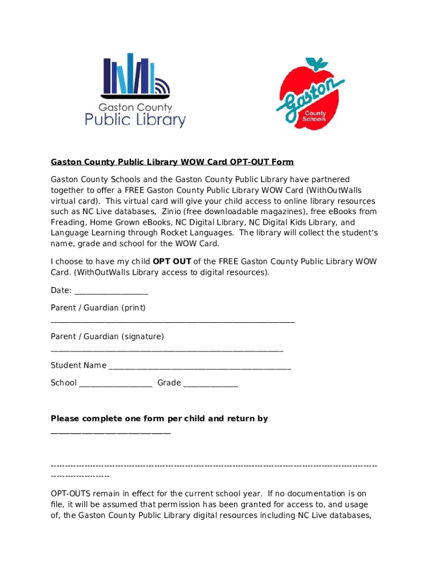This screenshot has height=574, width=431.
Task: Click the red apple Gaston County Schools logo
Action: (x=310, y=94)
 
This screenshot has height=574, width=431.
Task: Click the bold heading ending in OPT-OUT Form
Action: (x=172, y=162)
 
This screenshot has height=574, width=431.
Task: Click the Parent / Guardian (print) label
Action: (x=98, y=308)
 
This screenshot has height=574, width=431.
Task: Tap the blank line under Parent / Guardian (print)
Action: (x=172, y=321)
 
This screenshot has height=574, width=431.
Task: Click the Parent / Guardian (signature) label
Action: (x=107, y=336)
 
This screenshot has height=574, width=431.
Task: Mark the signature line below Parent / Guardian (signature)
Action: (x=167, y=350)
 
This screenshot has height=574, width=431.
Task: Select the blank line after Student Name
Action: (x=200, y=367)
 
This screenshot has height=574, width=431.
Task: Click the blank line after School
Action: (x=116, y=384)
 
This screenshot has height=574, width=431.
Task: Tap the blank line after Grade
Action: (x=210, y=384)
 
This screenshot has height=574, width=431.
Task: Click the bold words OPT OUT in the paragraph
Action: (x=172, y=261)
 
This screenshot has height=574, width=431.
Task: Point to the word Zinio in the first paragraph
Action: (x=172, y=211)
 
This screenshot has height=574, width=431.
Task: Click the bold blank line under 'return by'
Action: (x=110, y=432)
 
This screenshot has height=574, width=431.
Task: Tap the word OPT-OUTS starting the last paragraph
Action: (x=71, y=494)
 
